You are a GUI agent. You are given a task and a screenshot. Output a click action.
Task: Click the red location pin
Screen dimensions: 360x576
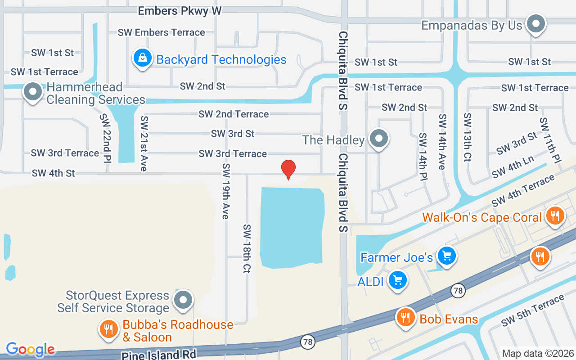coord(288,169)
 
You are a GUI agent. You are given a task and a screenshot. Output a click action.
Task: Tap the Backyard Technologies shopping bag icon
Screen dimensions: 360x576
coord(143,58)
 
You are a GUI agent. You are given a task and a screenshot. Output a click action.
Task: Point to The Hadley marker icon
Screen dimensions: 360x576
coord(379,138)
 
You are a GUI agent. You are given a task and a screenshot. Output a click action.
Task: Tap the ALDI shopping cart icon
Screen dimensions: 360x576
coord(397,280)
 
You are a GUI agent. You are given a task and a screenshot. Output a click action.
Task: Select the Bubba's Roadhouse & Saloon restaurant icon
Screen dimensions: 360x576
coord(108,329)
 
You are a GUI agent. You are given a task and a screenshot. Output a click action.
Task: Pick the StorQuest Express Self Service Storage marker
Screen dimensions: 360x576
coord(183,299)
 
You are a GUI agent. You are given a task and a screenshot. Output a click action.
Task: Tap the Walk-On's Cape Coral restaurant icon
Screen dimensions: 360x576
coord(555,216)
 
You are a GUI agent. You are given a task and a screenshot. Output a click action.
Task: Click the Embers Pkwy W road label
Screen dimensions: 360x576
coord(180,11)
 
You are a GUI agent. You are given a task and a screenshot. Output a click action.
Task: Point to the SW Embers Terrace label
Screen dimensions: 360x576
coord(161,32)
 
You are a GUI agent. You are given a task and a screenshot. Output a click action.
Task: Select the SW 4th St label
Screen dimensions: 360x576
coord(53,173)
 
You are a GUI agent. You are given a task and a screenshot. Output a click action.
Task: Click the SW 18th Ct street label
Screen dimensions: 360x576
coord(246,248)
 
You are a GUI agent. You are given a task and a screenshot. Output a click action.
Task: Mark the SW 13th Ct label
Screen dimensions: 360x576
coord(468,137)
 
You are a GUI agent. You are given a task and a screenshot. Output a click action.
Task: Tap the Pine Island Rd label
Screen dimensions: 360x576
coord(158,355)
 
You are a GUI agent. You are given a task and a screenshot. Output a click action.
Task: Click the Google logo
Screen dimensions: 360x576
coord(30,349)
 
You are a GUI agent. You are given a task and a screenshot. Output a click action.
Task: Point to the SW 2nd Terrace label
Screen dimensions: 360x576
coord(234,114)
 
